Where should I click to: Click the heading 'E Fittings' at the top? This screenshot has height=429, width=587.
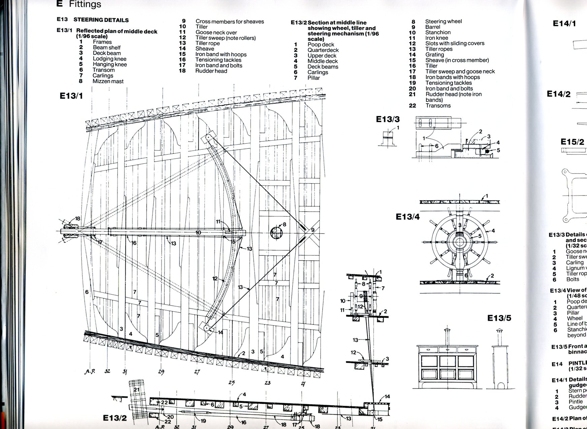(x=79, y=4)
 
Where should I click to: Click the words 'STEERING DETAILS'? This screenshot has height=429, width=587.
(x=101, y=20)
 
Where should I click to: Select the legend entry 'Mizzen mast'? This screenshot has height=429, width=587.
(x=108, y=81)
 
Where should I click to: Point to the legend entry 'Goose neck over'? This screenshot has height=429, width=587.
(x=216, y=32)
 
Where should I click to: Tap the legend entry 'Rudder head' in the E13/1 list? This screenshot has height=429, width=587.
(x=211, y=71)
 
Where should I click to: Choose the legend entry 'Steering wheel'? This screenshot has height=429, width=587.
(x=443, y=21)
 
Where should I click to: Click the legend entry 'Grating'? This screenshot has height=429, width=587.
(x=434, y=55)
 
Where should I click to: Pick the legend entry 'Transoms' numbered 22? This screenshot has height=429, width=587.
(x=438, y=106)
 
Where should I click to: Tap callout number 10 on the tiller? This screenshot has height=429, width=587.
(x=198, y=233)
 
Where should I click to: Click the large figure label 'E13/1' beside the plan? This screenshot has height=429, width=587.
(x=71, y=96)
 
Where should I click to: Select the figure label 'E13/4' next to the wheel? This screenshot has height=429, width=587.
(x=407, y=217)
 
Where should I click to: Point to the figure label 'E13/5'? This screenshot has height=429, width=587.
(x=499, y=318)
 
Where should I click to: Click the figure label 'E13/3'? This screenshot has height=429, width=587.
(x=388, y=119)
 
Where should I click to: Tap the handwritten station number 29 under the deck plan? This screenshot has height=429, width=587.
(x=161, y=372)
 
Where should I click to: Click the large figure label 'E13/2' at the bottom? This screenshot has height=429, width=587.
(x=115, y=418)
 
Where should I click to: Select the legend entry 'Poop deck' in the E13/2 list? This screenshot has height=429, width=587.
(x=321, y=44)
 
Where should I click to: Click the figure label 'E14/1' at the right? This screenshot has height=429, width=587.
(x=564, y=23)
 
